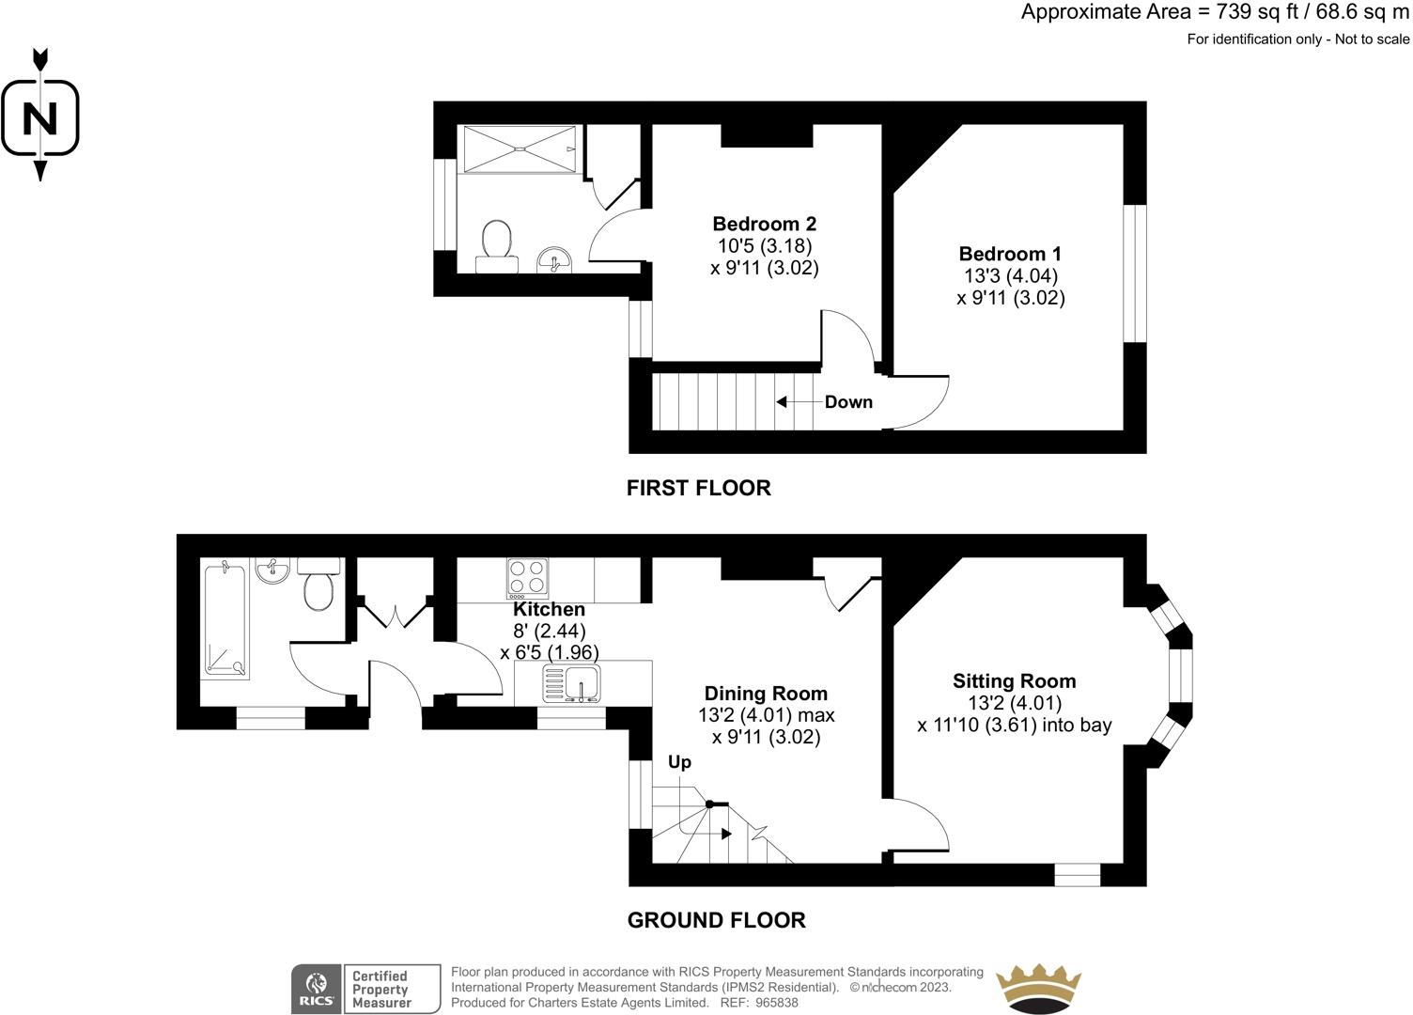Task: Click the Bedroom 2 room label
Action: [x=764, y=224]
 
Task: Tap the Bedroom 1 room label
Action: [x=1010, y=254]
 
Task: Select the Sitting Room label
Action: [x=1014, y=681]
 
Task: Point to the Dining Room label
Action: [x=766, y=694]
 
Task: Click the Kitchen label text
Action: [x=549, y=609]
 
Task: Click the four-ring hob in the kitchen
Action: [x=527, y=578]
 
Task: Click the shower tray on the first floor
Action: [x=519, y=148]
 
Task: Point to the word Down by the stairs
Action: [x=848, y=402]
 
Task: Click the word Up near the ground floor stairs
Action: [x=679, y=761]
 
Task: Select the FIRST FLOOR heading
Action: [x=698, y=488]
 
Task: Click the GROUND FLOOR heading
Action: [x=716, y=920]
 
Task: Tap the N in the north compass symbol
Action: [x=39, y=119]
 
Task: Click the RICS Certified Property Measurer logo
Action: [x=365, y=989]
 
